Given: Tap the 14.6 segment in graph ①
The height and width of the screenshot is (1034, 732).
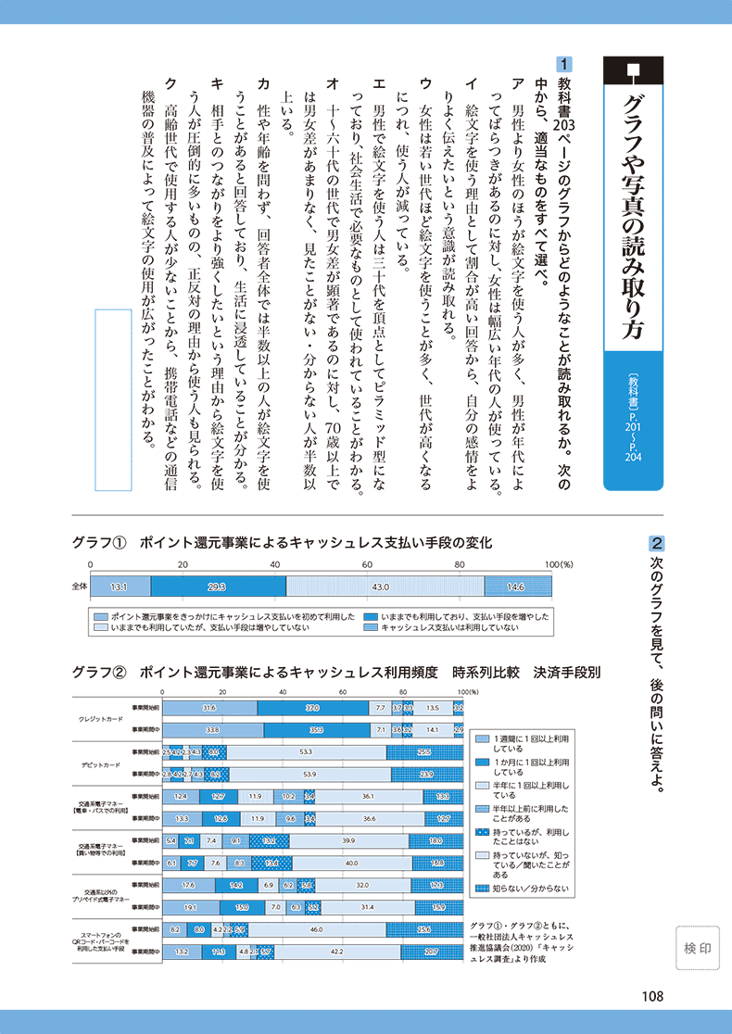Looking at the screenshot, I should (x=517, y=586).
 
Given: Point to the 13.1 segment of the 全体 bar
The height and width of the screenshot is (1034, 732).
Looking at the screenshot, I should (x=120, y=586).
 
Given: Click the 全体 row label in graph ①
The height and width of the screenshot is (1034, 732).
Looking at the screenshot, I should (x=79, y=586).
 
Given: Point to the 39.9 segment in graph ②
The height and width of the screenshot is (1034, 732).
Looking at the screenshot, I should (x=348, y=841).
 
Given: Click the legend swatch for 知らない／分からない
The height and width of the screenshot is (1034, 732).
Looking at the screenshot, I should (x=482, y=889).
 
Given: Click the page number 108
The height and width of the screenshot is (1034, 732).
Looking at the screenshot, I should (x=651, y=997).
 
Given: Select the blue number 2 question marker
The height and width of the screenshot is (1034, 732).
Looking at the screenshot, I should (x=655, y=542).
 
